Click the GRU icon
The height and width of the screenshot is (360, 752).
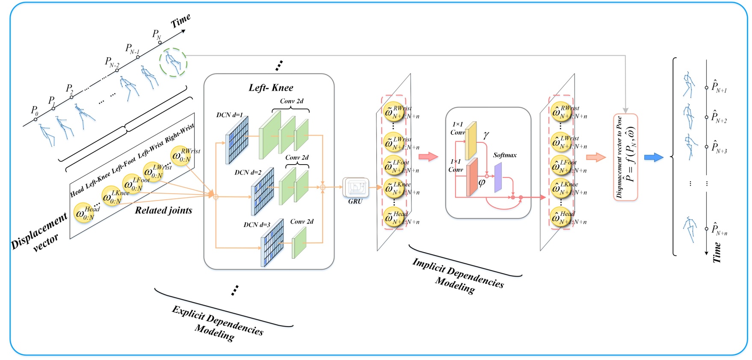point(355,187)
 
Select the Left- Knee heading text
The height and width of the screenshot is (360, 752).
point(271,88)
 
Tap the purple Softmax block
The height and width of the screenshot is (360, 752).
point(498,177)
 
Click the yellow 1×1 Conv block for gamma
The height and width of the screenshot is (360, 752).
point(471,140)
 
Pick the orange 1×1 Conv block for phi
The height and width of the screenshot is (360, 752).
point(472,177)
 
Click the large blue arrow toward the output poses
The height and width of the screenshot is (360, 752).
point(653,157)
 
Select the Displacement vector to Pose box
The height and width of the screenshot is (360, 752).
point(625,157)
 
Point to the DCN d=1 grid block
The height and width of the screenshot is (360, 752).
point(237,140)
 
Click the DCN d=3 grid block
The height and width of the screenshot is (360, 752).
point(272,242)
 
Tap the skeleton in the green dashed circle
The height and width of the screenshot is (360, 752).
point(173,62)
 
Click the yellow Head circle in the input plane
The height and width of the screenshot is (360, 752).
point(84,212)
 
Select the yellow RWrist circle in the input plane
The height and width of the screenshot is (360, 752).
point(181,156)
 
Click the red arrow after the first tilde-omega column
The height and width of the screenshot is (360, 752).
point(428,156)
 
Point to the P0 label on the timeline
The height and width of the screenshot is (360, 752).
point(34,110)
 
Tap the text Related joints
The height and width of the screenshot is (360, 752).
point(163,210)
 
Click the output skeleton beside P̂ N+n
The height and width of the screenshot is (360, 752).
point(689,229)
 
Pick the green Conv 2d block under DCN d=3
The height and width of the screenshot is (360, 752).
point(299,242)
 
